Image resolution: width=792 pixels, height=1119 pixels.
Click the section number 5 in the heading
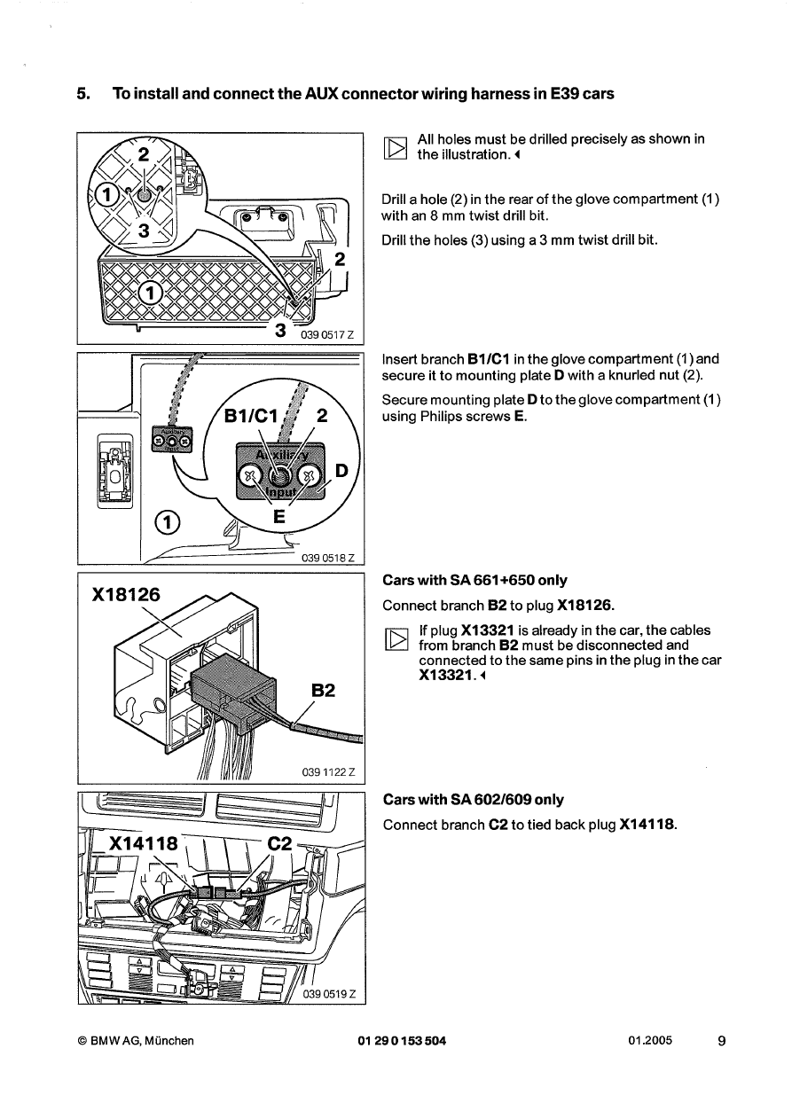[x=82, y=94]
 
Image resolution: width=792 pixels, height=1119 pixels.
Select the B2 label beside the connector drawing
[x=324, y=690]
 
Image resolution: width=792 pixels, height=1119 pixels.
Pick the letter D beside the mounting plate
[x=341, y=470]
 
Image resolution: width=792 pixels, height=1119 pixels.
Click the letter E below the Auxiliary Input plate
[x=278, y=517]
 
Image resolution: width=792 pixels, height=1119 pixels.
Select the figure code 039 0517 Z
[x=328, y=333]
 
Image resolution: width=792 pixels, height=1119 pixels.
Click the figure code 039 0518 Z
[x=328, y=558]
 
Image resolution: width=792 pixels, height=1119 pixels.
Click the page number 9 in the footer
[x=721, y=1041]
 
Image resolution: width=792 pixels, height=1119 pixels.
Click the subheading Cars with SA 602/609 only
[x=473, y=800]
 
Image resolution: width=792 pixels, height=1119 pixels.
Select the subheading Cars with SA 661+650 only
[x=474, y=581]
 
